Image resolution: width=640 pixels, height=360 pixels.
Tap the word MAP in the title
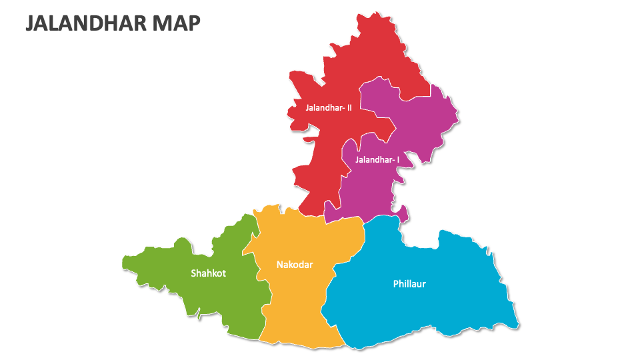[x=176, y=23]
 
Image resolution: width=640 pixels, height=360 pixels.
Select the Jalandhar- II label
[x=329, y=107]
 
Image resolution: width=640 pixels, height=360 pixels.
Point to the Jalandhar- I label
[x=377, y=159]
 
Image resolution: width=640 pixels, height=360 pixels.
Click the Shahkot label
[x=208, y=273]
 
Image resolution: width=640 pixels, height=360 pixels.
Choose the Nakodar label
[x=295, y=265]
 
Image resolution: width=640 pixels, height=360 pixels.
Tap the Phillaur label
[x=409, y=284]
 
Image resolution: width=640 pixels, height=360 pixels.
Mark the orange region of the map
[x=293, y=307]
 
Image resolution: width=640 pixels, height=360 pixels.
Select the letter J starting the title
[x=30, y=23]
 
